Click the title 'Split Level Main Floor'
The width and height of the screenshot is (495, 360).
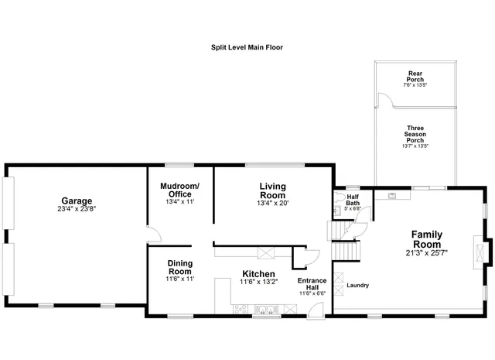coord(247,47)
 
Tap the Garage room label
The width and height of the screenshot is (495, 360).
coord(77,200)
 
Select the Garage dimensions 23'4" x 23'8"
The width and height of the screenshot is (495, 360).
coord(77,208)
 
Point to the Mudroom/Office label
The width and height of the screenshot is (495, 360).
coord(179,190)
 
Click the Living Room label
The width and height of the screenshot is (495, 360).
coord(272,190)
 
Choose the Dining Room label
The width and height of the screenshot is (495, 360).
coord(180,267)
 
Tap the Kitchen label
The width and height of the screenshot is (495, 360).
coord(258,274)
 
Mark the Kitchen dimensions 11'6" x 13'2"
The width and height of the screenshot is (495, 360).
coord(258,283)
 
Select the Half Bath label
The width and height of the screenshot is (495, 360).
coord(353,200)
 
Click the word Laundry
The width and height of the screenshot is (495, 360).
coord(357,285)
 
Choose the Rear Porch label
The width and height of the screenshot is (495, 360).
coord(415,76)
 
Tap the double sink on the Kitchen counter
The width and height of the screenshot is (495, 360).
coord(265,310)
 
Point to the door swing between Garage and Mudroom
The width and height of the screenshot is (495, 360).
coord(152,234)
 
